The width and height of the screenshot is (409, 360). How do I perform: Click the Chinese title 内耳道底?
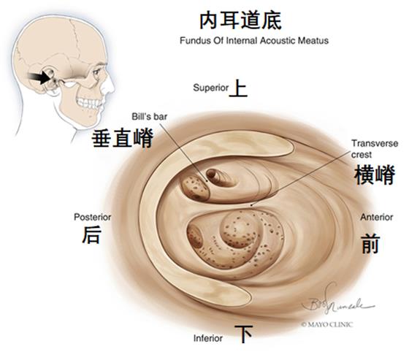tap(240, 20)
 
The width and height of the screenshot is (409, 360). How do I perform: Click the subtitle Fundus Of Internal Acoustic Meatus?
tap(254, 41)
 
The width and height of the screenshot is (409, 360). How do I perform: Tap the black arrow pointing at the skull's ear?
tap(40, 77)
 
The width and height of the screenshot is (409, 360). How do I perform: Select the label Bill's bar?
tap(149, 117)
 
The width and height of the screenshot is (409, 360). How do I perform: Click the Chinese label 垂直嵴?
tap(123, 139)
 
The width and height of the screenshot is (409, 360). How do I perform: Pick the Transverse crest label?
tap(374, 149)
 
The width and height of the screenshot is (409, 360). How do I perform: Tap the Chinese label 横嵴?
tap(374, 175)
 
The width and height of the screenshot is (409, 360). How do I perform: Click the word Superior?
tap(211, 88)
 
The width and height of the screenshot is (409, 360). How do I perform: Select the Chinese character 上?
tap(238, 88)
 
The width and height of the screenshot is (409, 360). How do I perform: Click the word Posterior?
tap(92, 217)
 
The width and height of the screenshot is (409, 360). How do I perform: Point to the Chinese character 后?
tap(91, 235)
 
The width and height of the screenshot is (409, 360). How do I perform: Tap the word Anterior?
tap(377, 217)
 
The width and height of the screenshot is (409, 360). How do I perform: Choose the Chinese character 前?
tap(370, 244)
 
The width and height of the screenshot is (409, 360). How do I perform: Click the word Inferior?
tap(208, 338)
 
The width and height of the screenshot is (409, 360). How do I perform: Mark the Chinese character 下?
tap(243, 334)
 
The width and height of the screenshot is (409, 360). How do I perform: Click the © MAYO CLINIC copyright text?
tap(327, 324)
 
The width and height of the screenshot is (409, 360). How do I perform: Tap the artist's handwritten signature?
tap(337, 302)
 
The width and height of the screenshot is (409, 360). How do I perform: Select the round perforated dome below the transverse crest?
tap(240, 229)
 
